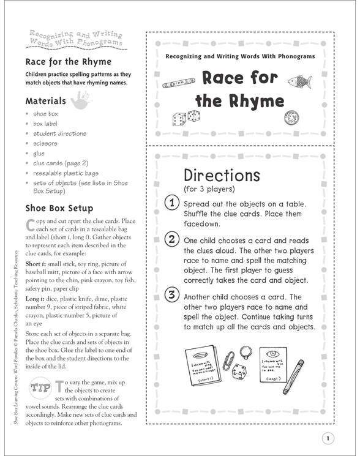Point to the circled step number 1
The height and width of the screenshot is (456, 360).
coord(173,203)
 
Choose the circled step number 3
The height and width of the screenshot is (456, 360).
coord(173,295)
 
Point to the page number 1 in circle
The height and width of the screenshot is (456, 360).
coord(328,437)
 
